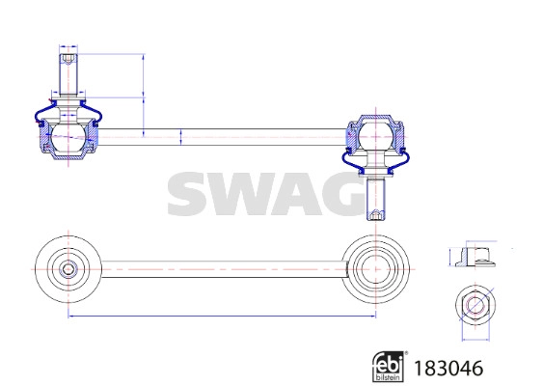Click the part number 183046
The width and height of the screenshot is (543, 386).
[448, 367]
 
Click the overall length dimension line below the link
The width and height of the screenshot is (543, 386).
[222, 315]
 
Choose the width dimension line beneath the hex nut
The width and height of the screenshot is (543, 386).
[474, 339]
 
